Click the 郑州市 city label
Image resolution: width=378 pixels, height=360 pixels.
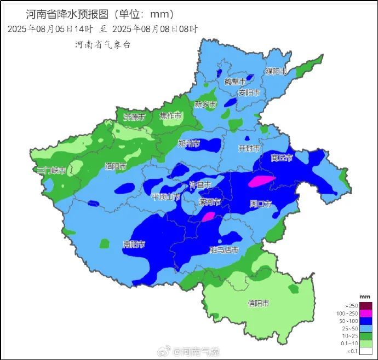[188, 143]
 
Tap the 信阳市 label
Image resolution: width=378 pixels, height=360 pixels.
[258, 303]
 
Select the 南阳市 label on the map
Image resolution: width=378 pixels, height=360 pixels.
[134, 244]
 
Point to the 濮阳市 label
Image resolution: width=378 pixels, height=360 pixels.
[276, 72]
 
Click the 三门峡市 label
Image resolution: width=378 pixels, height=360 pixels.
[51, 171]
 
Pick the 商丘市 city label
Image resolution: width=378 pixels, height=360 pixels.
[282, 158]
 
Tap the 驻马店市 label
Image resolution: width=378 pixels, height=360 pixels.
[225, 250]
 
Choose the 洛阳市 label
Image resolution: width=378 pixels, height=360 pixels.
[116, 165]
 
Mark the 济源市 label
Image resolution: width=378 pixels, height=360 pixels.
[134, 117]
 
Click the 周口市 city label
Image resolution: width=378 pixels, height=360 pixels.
[261, 204]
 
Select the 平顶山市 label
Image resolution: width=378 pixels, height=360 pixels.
[165, 197]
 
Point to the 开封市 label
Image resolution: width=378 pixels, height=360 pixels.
[249, 148]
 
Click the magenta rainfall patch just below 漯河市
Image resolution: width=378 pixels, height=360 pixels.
[208, 217]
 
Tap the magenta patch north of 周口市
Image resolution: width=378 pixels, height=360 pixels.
[261, 181]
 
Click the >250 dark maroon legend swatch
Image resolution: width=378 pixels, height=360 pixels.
[366, 306]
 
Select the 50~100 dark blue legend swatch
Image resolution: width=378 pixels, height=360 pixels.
[366, 321]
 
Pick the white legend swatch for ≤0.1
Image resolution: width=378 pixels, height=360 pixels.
[366, 351]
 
